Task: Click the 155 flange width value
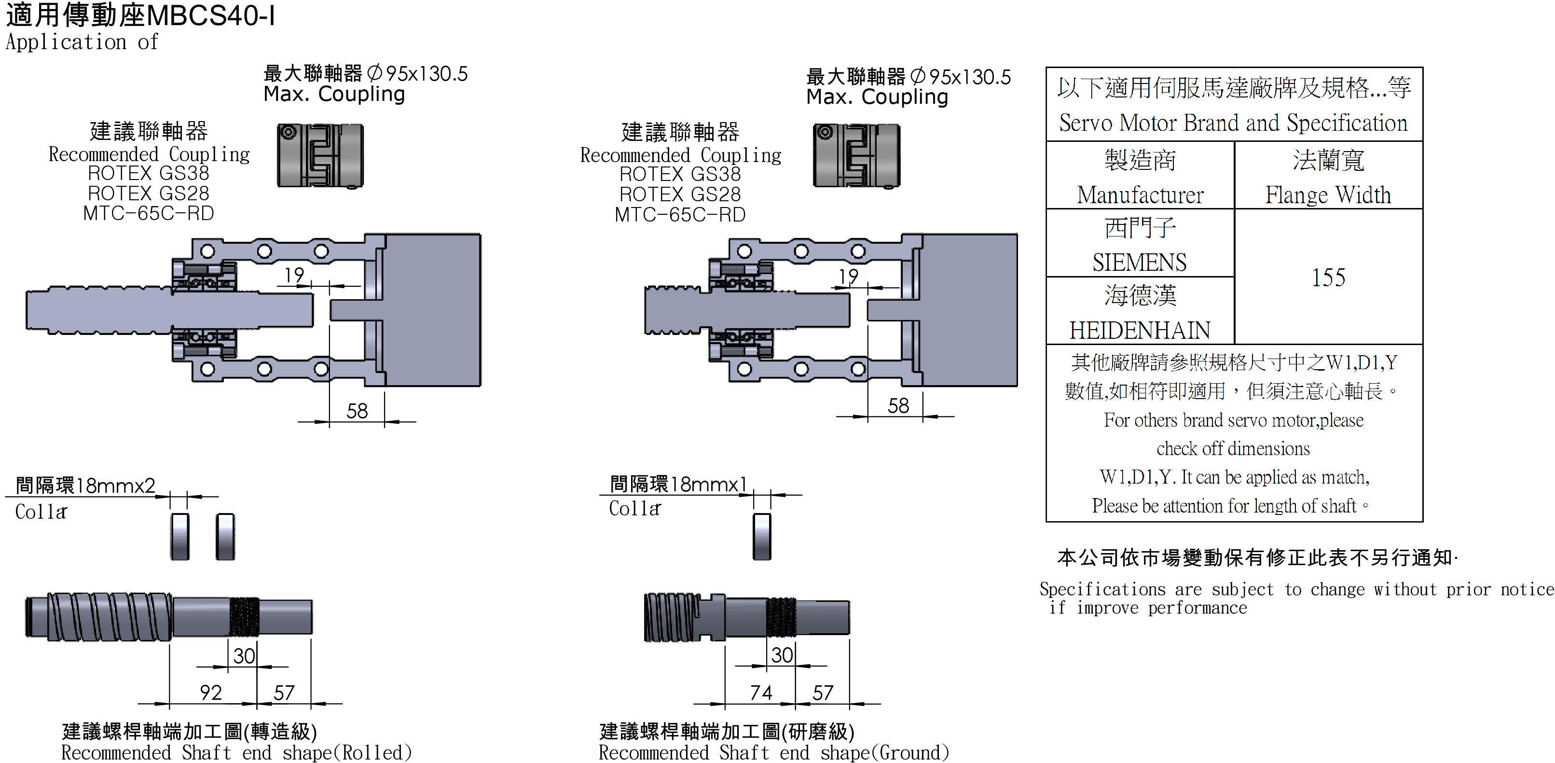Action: coord(1328,277)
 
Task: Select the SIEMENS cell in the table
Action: coord(1139,262)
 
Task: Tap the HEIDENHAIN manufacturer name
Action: coord(1139,330)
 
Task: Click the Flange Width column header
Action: coord(1328,194)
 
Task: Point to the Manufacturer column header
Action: coord(1140,194)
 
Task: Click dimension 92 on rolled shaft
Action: coord(211,692)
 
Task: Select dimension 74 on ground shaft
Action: coord(760,692)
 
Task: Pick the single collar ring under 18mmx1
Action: coord(762,536)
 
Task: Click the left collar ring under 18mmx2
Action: coord(180,536)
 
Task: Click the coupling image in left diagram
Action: coord(320,156)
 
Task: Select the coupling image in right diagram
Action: coord(856,156)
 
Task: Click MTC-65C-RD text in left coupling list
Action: coord(149,213)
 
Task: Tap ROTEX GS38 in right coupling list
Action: coord(680,174)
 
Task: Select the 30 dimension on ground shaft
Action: coord(782,655)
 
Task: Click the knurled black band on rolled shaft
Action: coord(245,616)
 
